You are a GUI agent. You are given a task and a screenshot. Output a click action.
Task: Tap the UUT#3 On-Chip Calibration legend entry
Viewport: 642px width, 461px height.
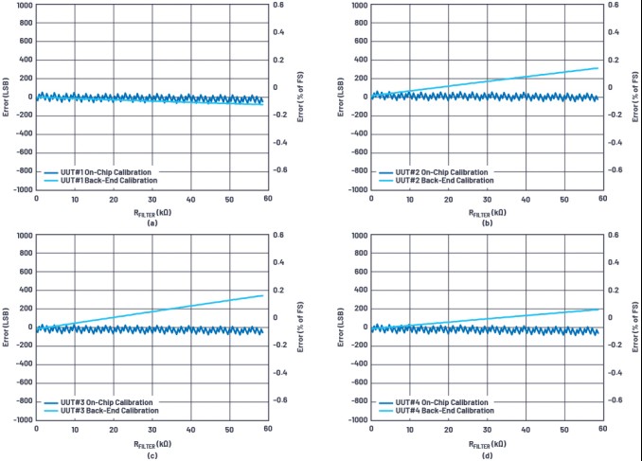103,402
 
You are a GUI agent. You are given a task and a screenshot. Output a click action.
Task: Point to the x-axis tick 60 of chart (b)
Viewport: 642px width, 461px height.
602,199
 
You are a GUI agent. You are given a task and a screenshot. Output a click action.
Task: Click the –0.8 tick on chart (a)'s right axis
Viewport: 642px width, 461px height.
280,170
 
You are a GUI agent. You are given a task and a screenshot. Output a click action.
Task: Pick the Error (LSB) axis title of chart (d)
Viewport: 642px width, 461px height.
342,327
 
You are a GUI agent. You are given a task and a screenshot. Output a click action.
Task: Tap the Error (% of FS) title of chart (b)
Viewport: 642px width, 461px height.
635,97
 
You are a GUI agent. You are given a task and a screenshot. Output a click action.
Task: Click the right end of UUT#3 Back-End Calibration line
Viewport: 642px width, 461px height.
262,295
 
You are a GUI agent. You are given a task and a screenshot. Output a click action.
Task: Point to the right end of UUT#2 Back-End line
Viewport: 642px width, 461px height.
598,67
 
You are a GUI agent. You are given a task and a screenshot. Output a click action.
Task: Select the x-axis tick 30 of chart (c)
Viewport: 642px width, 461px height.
152,430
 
